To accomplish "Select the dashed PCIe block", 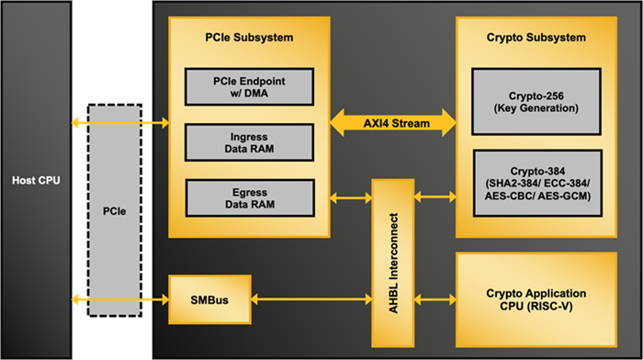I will click(115, 210).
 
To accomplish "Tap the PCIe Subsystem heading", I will click(249, 38).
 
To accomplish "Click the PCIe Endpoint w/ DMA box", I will click(249, 86).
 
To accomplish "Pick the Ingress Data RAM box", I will click(249, 141).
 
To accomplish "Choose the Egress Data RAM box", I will click(249, 197).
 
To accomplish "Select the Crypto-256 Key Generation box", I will click(536, 101).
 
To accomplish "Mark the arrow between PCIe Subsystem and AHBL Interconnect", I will click(351, 196).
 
